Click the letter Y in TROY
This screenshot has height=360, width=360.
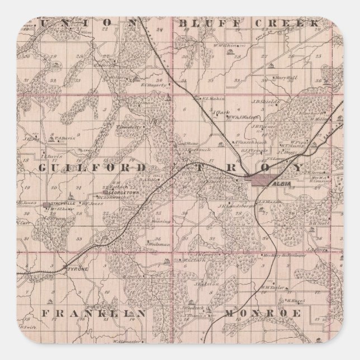point(297,168)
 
